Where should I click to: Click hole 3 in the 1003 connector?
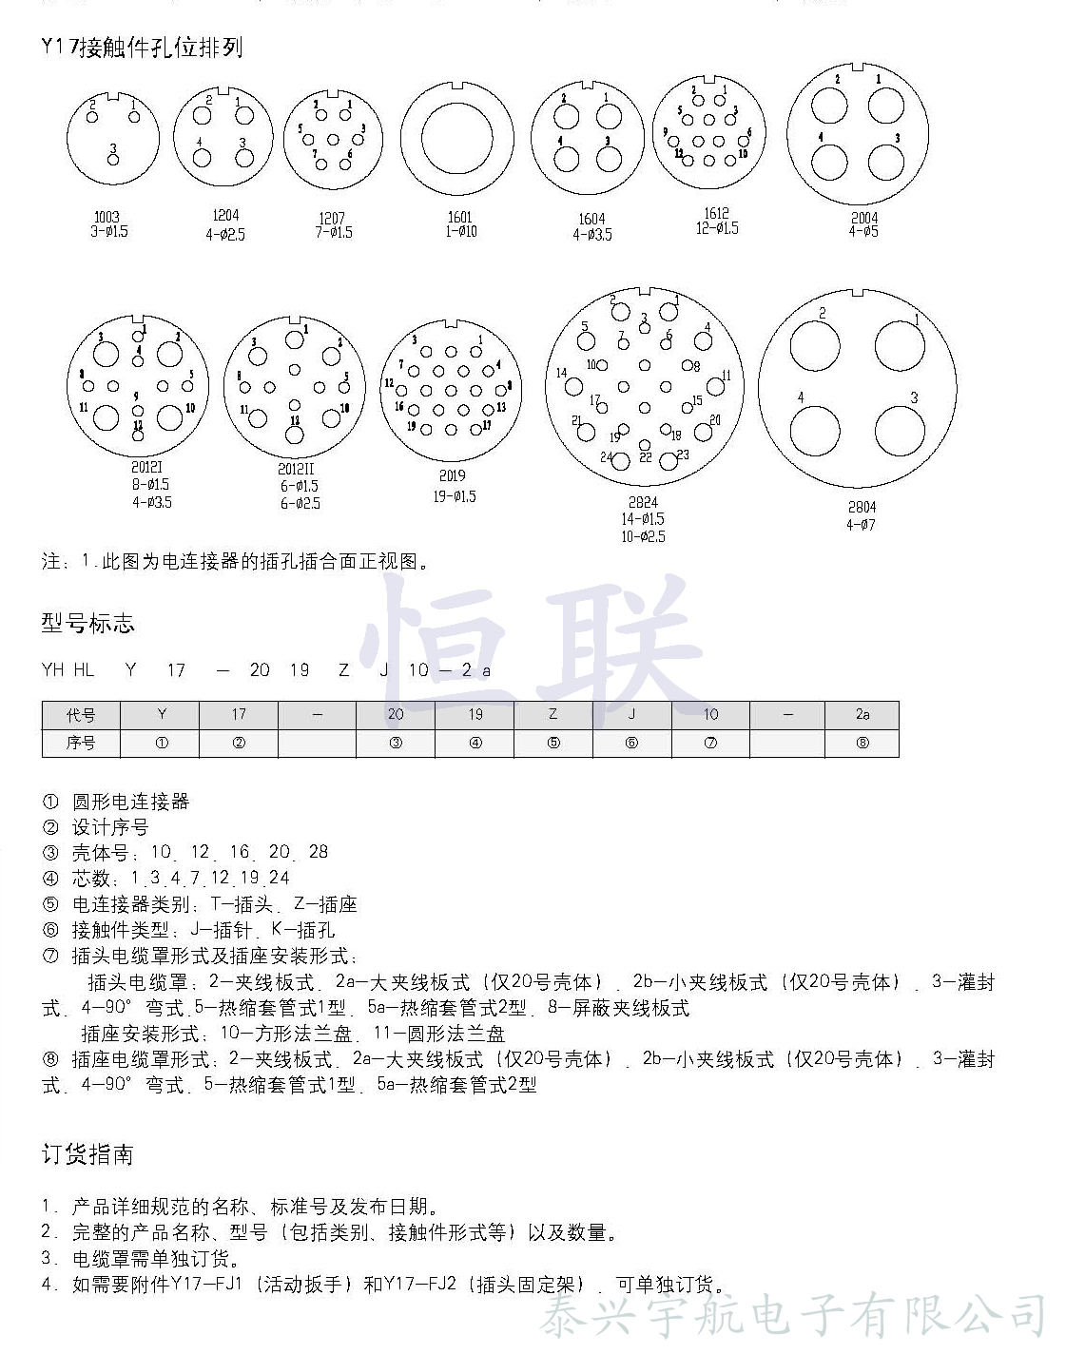coord(114,161)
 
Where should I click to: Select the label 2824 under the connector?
coord(643,502)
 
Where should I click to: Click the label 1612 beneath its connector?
coord(716,213)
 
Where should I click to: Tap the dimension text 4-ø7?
coord(862,525)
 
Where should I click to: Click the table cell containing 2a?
coord(862,714)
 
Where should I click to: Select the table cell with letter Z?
coord(553,714)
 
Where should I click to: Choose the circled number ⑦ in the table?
coord(710,743)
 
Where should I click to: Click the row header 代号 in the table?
coord(81,714)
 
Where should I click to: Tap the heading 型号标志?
coord(87,624)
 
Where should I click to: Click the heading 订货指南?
coord(87,1154)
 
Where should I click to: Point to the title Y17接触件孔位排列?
coord(143,48)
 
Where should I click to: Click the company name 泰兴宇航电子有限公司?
coord(793,1318)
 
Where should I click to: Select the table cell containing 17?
coord(239,714)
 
